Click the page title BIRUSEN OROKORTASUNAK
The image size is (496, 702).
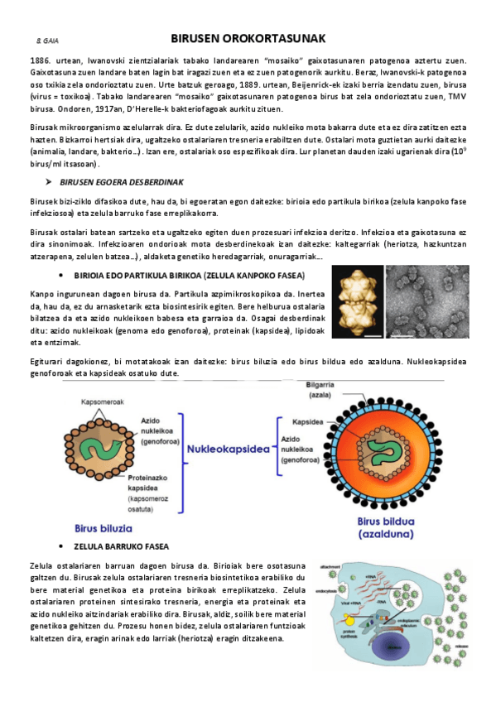click(x=248, y=38)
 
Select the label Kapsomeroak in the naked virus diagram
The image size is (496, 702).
click(x=103, y=401)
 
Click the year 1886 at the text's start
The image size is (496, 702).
click(x=41, y=61)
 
